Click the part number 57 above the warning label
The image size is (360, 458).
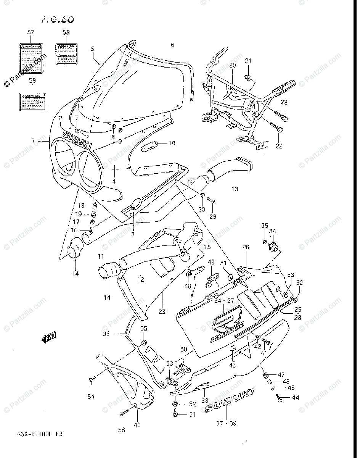pyautogui.click(x=30, y=33)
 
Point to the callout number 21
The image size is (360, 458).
pyautogui.click(x=248, y=61)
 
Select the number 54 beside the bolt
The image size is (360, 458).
pyautogui.click(x=90, y=397)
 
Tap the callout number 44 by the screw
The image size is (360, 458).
pyautogui.click(x=296, y=398)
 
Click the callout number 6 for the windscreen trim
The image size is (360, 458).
pyautogui.click(x=172, y=45)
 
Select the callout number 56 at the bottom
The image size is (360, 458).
pyautogui.click(x=121, y=430)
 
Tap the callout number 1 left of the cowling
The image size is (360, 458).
pyautogui.click(x=34, y=141)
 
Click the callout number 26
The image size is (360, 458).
pyautogui.click(x=246, y=248)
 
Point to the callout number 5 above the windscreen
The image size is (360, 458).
pyautogui.click(x=92, y=49)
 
